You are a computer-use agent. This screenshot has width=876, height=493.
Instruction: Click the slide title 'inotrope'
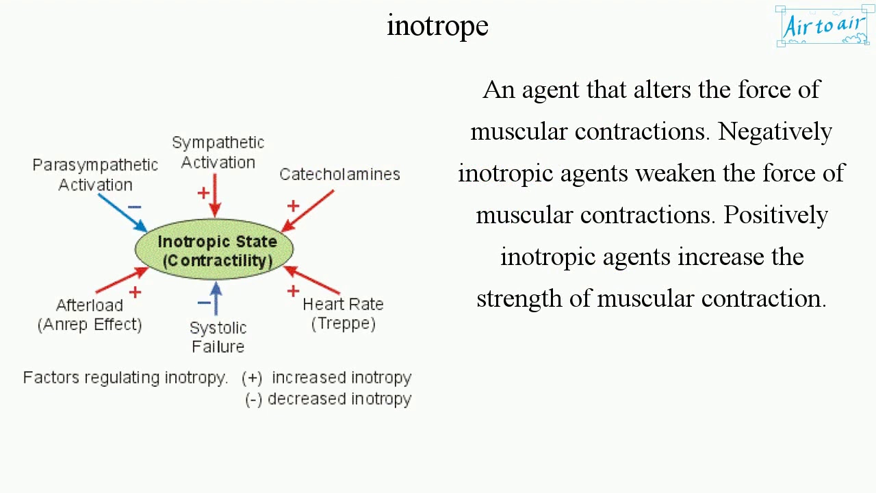click(437, 26)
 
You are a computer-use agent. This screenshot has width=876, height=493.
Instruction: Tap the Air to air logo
click(823, 26)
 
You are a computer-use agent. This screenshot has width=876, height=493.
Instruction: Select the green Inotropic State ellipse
click(214, 250)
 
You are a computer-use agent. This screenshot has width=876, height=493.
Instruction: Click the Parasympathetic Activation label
click(95, 175)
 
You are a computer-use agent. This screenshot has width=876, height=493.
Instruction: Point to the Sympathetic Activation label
click(218, 152)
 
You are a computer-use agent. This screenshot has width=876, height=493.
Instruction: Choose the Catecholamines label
click(339, 174)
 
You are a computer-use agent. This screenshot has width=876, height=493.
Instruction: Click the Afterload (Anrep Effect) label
click(90, 314)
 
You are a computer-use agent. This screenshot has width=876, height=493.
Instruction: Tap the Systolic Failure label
click(218, 337)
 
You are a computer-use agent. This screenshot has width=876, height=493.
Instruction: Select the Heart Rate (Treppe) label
click(343, 314)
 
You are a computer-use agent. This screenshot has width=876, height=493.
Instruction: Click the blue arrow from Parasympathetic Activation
click(122, 213)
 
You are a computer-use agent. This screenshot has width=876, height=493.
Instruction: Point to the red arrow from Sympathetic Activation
click(216, 195)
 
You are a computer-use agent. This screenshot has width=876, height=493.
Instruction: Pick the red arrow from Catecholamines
click(308, 211)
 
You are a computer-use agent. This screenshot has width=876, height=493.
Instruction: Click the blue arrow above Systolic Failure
click(216, 299)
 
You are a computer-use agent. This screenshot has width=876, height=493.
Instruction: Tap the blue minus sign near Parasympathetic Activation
click(134, 207)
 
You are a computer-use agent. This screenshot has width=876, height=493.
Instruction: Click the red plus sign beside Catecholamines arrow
click(293, 205)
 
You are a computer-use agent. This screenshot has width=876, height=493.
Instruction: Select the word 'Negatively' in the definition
click(775, 131)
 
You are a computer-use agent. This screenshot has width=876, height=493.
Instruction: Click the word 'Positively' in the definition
click(776, 215)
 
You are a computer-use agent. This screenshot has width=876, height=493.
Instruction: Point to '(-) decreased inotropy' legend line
click(328, 399)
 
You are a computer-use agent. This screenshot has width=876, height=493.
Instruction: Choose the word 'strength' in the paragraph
click(509, 299)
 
